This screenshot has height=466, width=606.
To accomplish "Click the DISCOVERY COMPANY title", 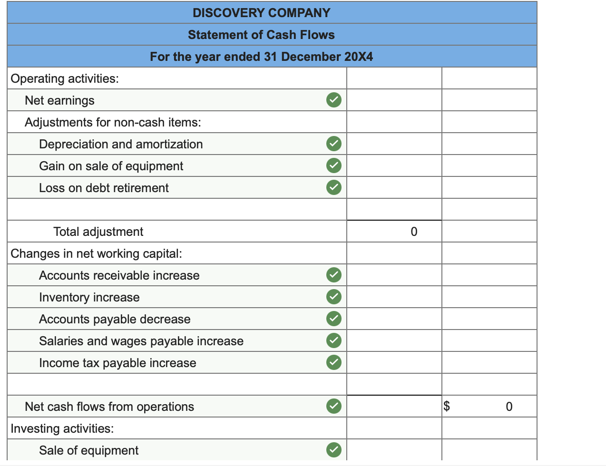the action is pyautogui.click(x=261, y=13).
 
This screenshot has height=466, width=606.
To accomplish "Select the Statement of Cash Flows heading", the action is pyautogui.click(x=261, y=35).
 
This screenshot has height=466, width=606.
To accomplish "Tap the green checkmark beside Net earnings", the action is pyautogui.click(x=334, y=100).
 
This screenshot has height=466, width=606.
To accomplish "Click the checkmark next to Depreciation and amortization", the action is pyautogui.click(x=334, y=144).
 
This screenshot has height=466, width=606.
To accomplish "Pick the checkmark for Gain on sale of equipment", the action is pyautogui.click(x=334, y=165).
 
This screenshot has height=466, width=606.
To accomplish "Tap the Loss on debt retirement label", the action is pyautogui.click(x=104, y=188).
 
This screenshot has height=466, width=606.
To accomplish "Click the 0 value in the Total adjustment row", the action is pyautogui.click(x=414, y=232).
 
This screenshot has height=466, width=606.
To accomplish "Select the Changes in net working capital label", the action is pyautogui.click(x=96, y=253).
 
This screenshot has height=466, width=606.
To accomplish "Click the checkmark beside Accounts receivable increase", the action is pyautogui.click(x=334, y=275).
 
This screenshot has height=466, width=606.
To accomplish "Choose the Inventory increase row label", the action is pyautogui.click(x=89, y=297).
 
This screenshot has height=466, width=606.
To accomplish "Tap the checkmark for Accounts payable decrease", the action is pyautogui.click(x=334, y=319).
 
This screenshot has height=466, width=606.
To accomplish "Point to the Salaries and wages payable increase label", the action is pyautogui.click(x=141, y=341).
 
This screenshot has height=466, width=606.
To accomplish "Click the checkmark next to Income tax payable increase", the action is pyautogui.click(x=334, y=362).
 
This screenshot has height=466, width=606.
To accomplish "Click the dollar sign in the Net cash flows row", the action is pyautogui.click(x=447, y=406).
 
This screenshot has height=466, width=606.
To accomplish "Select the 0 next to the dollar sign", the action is pyautogui.click(x=509, y=407).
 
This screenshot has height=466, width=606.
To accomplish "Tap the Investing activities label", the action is pyautogui.click(x=62, y=428).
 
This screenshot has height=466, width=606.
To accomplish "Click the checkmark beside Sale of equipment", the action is pyautogui.click(x=334, y=450).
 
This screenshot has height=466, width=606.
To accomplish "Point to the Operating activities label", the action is pyautogui.click(x=65, y=78).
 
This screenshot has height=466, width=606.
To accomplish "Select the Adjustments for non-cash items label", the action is pyautogui.click(x=113, y=122).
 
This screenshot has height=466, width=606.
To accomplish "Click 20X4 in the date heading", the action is pyautogui.click(x=358, y=57).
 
